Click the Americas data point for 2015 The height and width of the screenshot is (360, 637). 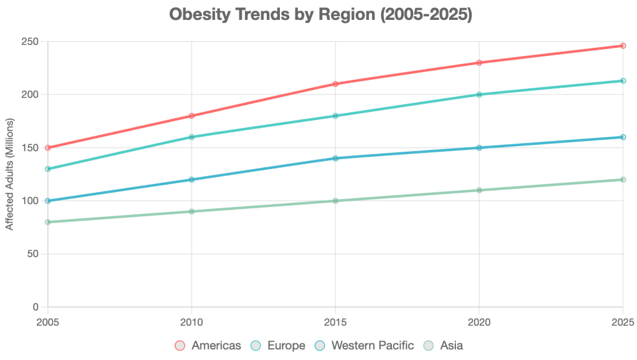tap(335, 84)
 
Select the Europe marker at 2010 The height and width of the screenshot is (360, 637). tap(192, 137)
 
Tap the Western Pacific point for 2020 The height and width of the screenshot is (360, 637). tap(479, 148)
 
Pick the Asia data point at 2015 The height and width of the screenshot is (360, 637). tap(335, 201)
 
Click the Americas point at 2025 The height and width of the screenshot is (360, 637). tap(623, 45)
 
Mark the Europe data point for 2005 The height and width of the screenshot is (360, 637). tap(48, 169)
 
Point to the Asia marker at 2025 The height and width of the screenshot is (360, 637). tap(623, 180)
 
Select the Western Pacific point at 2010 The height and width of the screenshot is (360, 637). tap(192, 180)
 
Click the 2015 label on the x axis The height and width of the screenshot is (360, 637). tap(335, 322)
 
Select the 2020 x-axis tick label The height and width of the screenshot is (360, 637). tap(479, 322)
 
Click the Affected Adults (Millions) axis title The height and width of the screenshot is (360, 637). tap(9, 175)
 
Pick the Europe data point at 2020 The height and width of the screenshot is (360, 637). tap(479, 95)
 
